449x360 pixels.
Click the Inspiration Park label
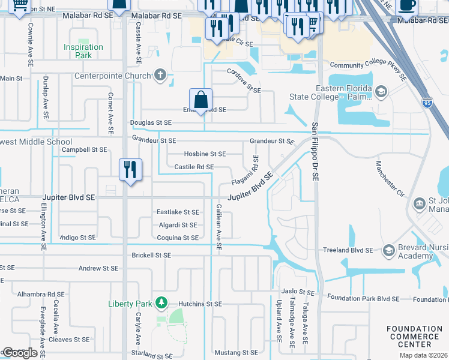83,51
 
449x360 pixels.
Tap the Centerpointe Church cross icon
160,76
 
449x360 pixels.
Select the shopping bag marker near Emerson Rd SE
200,100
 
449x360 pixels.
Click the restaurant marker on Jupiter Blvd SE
130,170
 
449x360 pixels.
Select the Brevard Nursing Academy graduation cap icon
388,250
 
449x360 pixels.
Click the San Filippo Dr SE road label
314,153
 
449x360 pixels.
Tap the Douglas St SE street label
151,122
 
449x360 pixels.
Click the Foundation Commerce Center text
417,337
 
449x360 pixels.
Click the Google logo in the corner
19,353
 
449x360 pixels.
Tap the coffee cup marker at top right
406,5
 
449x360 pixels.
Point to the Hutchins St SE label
200,304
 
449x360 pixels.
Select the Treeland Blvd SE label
352,250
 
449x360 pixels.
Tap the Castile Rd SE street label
194,167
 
